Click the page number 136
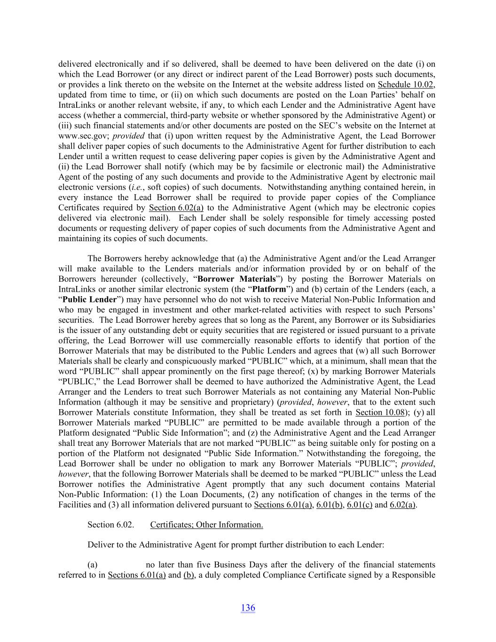click(248, 608)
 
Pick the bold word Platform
click(269, 289)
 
